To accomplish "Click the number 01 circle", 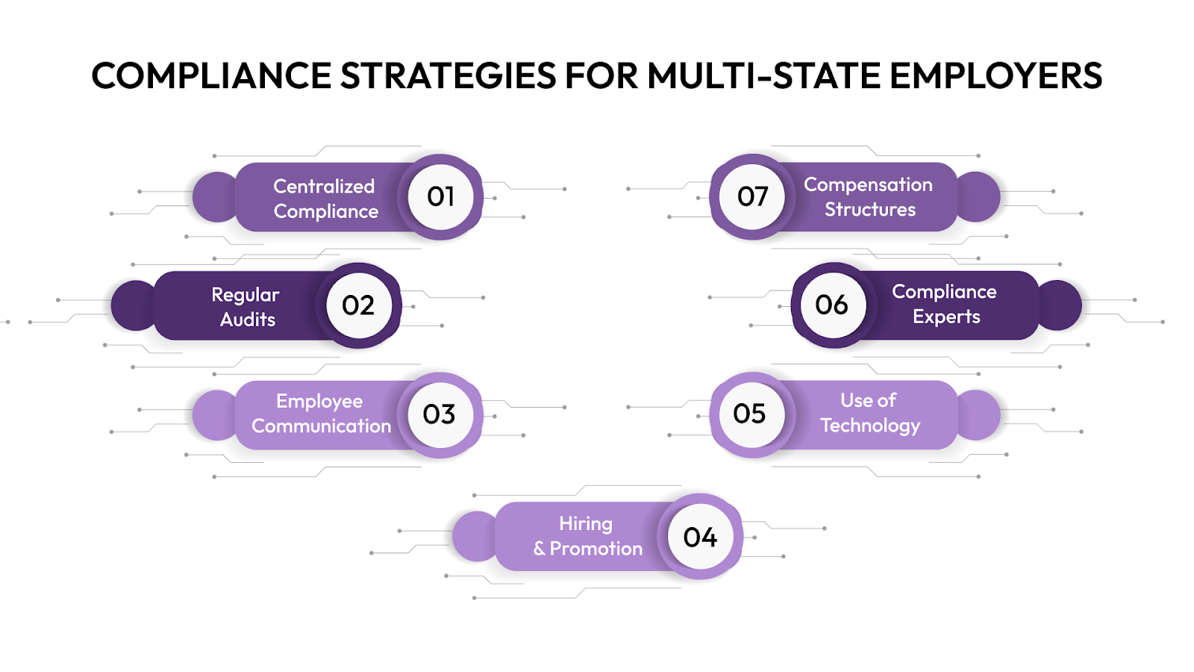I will [x=440, y=197].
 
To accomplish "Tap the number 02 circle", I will [x=358, y=305].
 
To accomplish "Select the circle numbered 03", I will [x=440, y=414].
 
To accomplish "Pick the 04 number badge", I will [x=700, y=537].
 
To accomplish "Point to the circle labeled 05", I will [x=750, y=414].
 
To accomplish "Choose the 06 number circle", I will [x=832, y=305].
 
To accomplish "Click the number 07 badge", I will [x=752, y=196].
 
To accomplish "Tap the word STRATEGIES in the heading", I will [x=448, y=76].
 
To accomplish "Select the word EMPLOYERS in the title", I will [x=995, y=76].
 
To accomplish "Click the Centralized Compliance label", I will [x=325, y=199].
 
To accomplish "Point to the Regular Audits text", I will [x=246, y=307].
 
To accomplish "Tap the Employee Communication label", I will [x=321, y=414].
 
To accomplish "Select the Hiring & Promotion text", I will [x=587, y=536].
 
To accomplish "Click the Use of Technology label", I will [x=869, y=413].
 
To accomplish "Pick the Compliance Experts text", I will [x=945, y=304].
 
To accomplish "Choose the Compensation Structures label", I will [x=869, y=197].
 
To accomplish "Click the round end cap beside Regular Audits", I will [x=132, y=305].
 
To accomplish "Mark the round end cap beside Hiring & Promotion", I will [x=473, y=536].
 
